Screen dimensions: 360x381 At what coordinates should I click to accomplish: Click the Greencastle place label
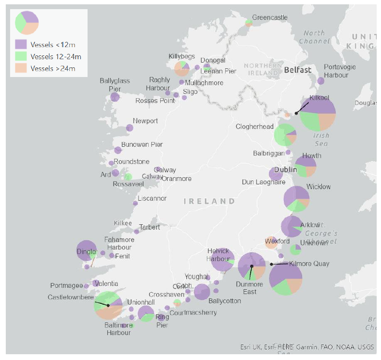[x=269, y=18]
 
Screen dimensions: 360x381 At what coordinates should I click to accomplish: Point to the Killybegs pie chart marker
[x=182, y=68]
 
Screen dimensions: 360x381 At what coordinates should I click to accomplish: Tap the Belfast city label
[x=297, y=70]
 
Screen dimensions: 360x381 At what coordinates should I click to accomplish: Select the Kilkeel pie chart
[x=318, y=114]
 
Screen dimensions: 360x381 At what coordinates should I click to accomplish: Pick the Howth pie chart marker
[x=305, y=167]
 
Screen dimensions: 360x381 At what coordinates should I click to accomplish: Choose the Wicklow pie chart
[x=296, y=199]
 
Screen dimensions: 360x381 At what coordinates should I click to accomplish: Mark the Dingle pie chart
[x=87, y=250]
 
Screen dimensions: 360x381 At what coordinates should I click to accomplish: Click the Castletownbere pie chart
[x=108, y=305]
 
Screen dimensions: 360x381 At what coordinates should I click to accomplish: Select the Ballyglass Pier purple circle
[x=115, y=97]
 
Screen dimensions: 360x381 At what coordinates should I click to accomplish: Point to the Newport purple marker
[x=129, y=128]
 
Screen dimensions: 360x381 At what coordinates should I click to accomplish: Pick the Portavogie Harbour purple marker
[x=321, y=81]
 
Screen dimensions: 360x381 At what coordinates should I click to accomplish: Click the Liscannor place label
[x=152, y=198]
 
